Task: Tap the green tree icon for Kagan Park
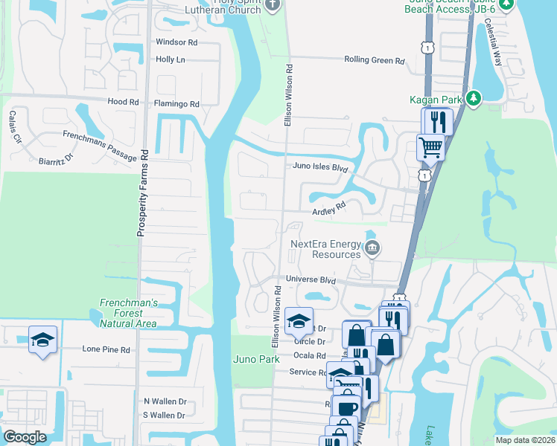473,98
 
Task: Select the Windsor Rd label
176,42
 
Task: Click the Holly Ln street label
171,59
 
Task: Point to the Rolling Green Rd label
374,60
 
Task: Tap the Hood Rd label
124,101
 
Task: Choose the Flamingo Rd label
176,104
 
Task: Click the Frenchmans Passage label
100,146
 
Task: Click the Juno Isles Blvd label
321,168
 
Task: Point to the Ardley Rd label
330,210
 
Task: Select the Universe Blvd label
311,280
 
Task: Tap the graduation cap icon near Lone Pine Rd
42,340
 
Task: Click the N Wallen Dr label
165,401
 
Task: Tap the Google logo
25,437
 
